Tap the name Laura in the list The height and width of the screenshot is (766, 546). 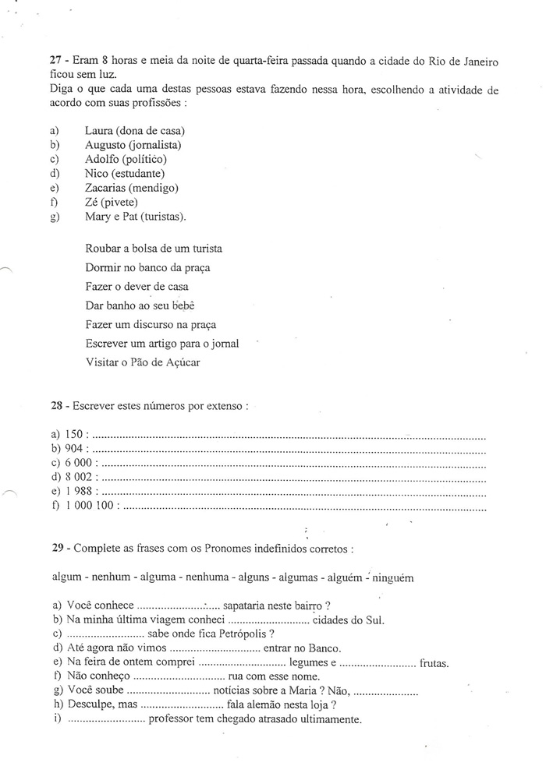point(99,131)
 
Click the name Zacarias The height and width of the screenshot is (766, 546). point(108,188)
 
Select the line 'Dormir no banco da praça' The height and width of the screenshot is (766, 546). point(147,267)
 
